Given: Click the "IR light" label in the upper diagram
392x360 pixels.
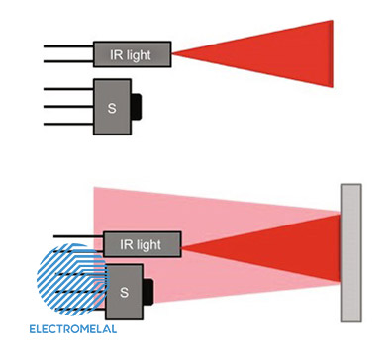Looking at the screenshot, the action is (131, 55).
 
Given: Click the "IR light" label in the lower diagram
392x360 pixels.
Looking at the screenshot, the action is (141, 245).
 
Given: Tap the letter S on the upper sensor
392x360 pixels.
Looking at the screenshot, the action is (112, 108).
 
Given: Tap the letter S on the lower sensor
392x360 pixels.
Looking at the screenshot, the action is (124, 292).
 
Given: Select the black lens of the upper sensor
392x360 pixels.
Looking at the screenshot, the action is (137, 107).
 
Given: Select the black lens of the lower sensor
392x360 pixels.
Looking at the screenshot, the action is (148, 292).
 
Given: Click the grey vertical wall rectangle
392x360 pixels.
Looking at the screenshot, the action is (351, 253).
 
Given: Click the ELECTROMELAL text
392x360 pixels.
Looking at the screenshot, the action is (73, 329).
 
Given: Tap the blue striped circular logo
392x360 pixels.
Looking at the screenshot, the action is (72, 280).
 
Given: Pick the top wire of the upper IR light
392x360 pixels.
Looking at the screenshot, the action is (68, 46).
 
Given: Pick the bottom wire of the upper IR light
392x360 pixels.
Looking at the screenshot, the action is (68, 61).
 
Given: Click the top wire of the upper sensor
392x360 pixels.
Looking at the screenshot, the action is (68, 89).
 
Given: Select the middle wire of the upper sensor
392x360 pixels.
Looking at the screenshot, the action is (68, 107).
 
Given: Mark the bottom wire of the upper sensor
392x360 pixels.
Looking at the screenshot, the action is (68, 124).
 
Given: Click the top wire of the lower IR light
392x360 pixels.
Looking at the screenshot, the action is (78, 236).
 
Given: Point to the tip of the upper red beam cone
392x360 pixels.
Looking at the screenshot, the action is (171, 54).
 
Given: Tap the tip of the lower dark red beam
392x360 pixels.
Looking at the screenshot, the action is (182, 246).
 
